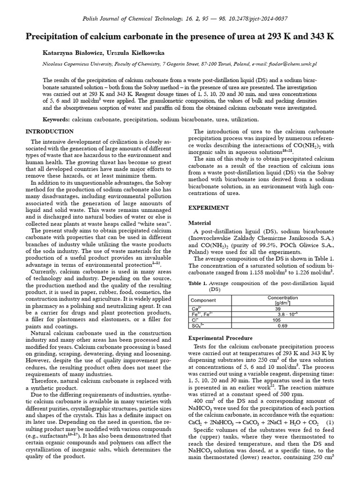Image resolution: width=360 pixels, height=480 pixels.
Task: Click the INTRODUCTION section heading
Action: (x=49, y=131)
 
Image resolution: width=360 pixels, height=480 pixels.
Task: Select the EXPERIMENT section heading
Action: (x=208, y=207)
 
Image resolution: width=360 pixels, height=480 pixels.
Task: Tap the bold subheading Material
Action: (x=199, y=223)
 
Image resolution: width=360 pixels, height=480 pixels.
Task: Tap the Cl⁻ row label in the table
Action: (x=193, y=320)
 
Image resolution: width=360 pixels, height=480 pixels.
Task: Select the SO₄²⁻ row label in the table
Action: (x=195, y=325)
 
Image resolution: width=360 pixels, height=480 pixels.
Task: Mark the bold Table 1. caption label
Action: (x=197, y=283)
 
